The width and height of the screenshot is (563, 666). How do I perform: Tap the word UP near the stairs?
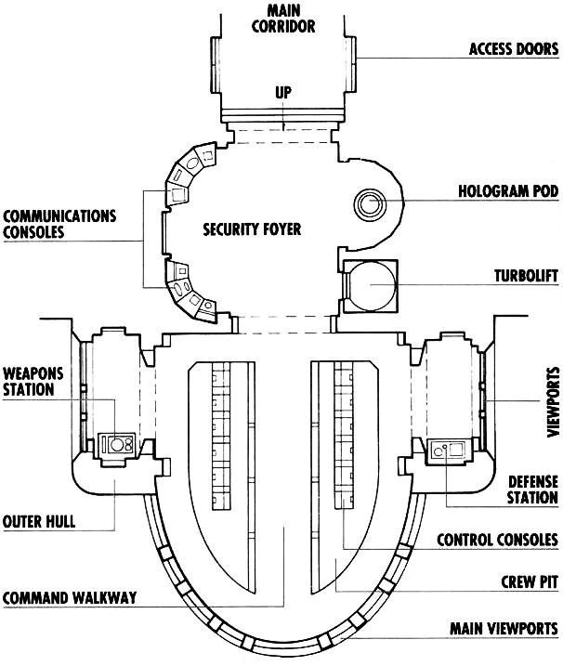pyautogui.click(x=282, y=93)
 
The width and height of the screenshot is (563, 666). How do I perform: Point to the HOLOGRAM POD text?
pyautogui.click(x=507, y=193)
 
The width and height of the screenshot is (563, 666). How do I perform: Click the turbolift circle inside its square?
pyautogui.click(x=369, y=287)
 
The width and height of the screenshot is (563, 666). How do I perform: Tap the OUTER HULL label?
pyautogui.click(x=39, y=521)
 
